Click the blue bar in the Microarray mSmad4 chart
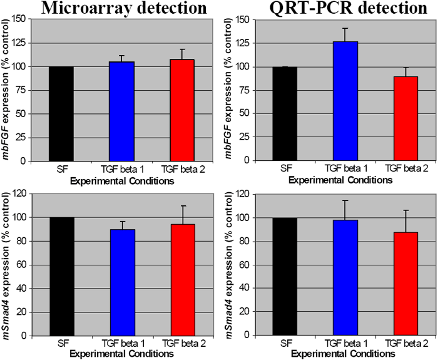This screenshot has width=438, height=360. tap(123, 282)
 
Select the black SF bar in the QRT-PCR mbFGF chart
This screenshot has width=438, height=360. tap(285, 113)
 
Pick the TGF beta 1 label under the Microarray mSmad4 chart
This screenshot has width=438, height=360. tap(123, 344)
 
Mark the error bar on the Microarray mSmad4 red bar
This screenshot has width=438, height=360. tap(183, 213)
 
